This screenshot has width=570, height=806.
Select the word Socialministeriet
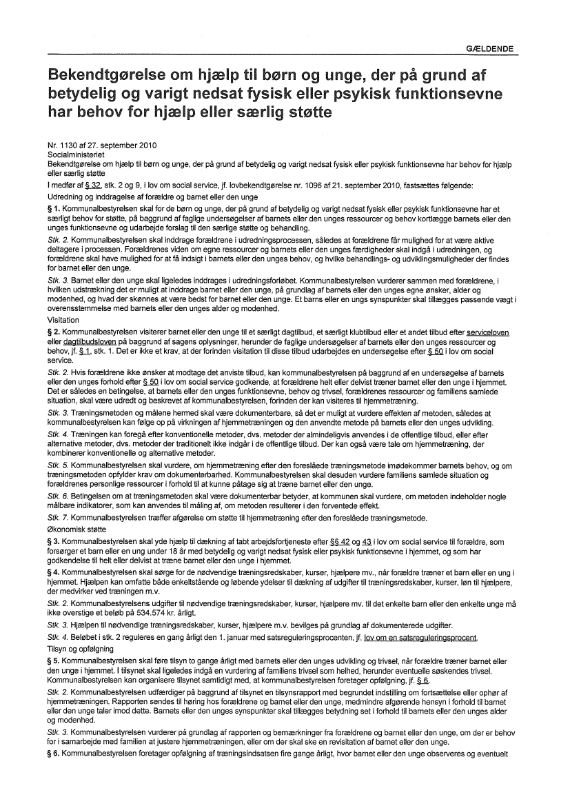pyautogui.click(x=72, y=156)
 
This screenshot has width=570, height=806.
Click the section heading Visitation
pyautogui.click(x=62, y=320)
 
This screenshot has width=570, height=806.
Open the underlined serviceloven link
pyautogui.click(x=487, y=332)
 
